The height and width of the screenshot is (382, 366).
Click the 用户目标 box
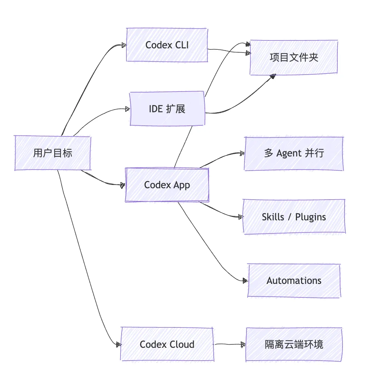click(52, 153)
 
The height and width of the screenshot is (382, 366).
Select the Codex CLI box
click(167, 45)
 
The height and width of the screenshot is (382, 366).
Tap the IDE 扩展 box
click(167, 109)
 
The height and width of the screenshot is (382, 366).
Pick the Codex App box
click(167, 185)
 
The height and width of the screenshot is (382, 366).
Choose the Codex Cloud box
click(167, 344)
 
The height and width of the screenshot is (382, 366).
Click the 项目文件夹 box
click(293, 57)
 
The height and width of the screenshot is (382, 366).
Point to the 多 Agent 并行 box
click(294, 153)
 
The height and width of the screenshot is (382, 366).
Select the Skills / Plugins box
click(294, 217)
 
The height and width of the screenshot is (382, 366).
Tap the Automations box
click(294, 280)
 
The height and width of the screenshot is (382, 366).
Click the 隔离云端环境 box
click(294, 344)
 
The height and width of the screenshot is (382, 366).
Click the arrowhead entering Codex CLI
click(124, 45)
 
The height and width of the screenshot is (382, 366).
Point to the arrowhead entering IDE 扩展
click(127, 109)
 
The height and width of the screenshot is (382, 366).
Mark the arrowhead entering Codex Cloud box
click(118, 344)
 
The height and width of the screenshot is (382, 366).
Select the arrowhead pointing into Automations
click(245, 280)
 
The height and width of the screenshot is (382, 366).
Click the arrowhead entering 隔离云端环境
click(243, 344)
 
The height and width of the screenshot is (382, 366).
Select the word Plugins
click(310, 217)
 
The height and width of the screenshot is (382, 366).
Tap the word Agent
click(289, 153)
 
